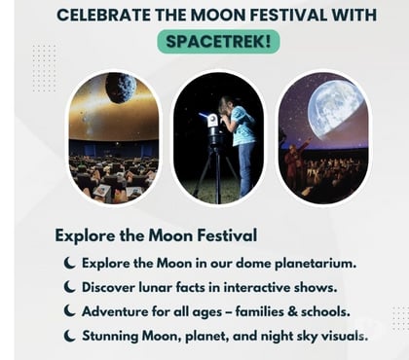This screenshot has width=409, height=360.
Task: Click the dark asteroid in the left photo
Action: click(x=121, y=89)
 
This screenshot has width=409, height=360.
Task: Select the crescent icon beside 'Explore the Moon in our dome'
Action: click(x=70, y=264)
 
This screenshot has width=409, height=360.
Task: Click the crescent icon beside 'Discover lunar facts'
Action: click(x=70, y=287)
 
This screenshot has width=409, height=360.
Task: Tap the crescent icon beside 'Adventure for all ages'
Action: click(x=70, y=311)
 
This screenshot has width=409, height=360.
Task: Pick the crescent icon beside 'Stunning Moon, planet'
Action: click(x=70, y=336)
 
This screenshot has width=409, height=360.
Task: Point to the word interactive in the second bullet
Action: click(x=264, y=287)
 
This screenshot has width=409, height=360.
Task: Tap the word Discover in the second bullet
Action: click(x=112, y=287)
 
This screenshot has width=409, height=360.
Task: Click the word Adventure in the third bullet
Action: click(x=119, y=311)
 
